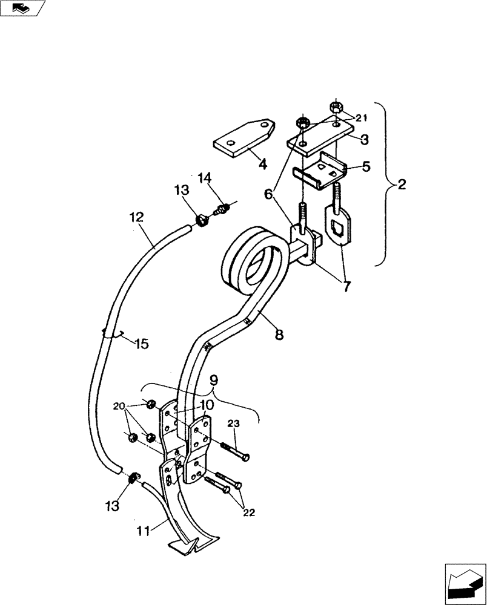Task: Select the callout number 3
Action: click(x=363, y=140)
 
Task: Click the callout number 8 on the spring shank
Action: click(x=279, y=334)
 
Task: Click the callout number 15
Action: click(x=140, y=344)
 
